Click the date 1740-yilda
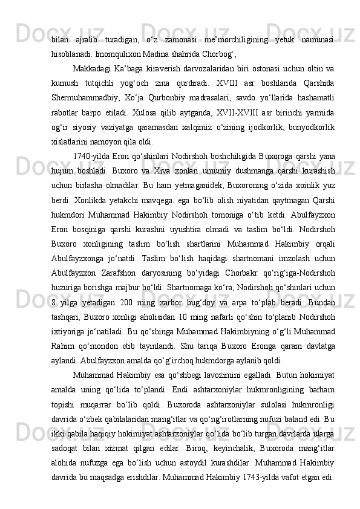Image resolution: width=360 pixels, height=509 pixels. pos(91,155)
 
